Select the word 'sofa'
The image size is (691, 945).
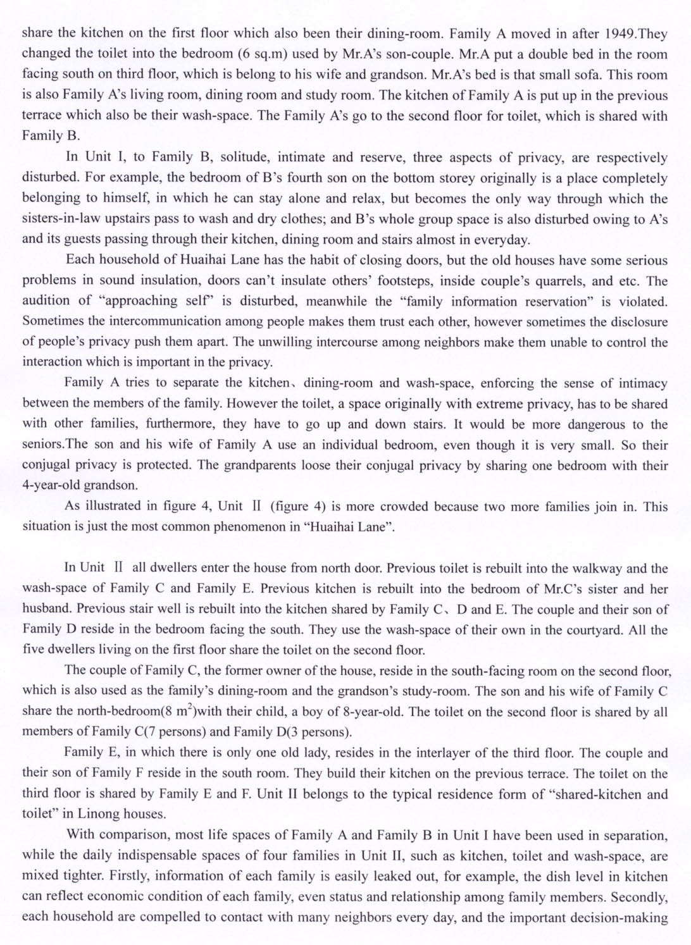588,75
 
